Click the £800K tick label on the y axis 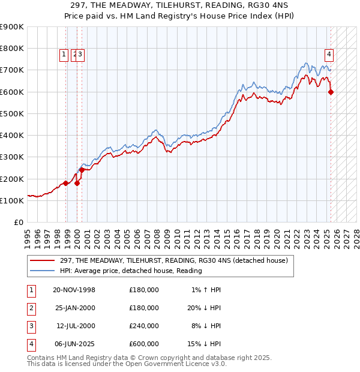point(12,48)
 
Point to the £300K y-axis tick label point(12,157)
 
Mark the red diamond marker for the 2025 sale point(331,92)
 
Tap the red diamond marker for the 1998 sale point(66,183)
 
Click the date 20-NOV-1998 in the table point(74,290)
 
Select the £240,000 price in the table point(144,326)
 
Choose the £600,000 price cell point(144,344)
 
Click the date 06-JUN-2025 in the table point(74,344)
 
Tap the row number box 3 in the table point(30,326)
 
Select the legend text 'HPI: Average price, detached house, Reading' point(131,271)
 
